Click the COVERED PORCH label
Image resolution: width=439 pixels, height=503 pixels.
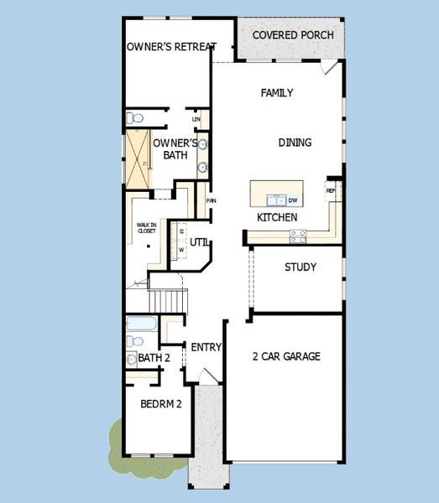tap(293, 35)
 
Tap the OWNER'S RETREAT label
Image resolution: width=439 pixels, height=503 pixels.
tap(171, 47)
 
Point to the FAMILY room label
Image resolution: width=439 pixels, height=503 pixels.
tap(277, 93)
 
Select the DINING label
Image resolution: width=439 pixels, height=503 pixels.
tap(295, 143)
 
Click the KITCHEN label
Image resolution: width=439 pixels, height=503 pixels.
tap(277, 218)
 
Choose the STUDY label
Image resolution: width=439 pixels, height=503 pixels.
tap(300, 267)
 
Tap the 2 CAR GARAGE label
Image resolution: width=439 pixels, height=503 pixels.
tap(286, 356)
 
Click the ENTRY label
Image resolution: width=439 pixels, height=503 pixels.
tap(206, 347)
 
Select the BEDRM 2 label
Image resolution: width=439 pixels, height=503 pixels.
tap(161, 403)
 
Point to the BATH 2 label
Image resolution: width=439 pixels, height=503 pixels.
tap(154, 359)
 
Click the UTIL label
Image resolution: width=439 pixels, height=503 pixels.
tap(199, 242)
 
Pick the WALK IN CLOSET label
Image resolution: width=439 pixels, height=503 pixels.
tap(147, 228)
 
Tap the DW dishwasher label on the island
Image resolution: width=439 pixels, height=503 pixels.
tap(293, 200)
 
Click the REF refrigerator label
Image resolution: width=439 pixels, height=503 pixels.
tap(331, 190)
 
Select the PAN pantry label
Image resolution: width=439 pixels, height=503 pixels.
tap(212, 201)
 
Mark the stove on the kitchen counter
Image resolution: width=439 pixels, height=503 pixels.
tap(298, 238)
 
